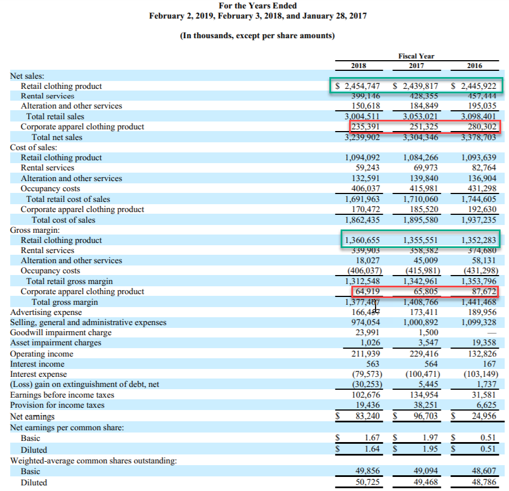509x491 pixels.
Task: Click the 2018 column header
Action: pos(359,66)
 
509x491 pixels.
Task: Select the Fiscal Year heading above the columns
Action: pos(416,56)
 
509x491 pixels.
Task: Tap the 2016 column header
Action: pos(475,66)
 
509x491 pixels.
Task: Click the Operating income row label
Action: pos(42,354)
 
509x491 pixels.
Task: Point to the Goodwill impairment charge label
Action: pos(61,332)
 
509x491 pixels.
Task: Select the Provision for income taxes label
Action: pos(57,405)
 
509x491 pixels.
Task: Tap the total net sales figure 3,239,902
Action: pos(362,137)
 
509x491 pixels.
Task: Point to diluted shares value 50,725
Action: pos(368,483)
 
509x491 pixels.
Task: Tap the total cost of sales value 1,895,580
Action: pos(421,220)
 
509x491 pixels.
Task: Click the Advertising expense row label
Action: pos(46,312)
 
